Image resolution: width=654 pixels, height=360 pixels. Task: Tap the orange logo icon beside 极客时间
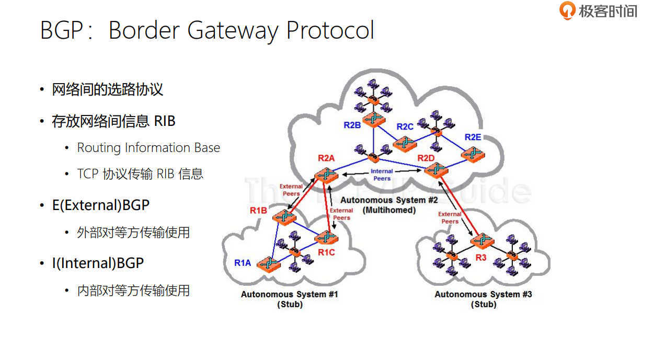pyautogui.click(x=567, y=10)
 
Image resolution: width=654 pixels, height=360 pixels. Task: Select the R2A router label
pyautogui.click(x=326, y=158)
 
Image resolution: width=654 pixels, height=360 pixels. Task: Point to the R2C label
pyautogui.click(x=405, y=126)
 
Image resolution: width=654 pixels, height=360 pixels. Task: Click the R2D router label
pyautogui.click(x=426, y=158)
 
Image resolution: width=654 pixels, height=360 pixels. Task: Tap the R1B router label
pyautogui.click(x=258, y=211)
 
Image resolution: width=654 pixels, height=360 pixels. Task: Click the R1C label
pyautogui.click(x=326, y=253)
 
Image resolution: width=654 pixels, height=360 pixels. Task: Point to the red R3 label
pyautogui.click(x=481, y=258)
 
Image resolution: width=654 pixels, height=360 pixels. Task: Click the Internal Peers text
pyautogui.click(x=382, y=175)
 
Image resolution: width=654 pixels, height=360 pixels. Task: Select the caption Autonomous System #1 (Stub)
pyautogui.click(x=290, y=299)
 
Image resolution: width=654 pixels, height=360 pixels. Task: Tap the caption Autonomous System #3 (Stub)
pyautogui.click(x=483, y=299)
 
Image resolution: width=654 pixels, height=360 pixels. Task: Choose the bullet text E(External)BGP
pyautogui.click(x=101, y=205)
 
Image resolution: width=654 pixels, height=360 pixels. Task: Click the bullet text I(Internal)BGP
pyautogui.click(x=98, y=263)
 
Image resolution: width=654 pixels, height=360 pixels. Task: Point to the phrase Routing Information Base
pyautogui.click(x=148, y=148)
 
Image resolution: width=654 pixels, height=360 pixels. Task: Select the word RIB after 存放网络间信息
pyautogui.click(x=165, y=121)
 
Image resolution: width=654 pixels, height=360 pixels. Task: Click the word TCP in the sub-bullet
pyautogui.click(x=88, y=174)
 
